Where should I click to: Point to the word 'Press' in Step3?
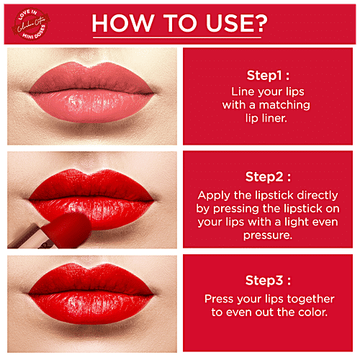pyautogui.click(x=219, y=298)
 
